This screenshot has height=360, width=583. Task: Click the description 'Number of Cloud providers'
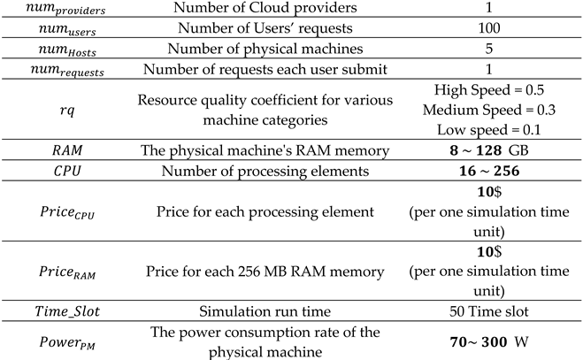click(268, 10)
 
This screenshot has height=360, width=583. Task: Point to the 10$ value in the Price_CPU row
click(500, 195)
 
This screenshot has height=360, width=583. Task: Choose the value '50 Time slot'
click(500, 316)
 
